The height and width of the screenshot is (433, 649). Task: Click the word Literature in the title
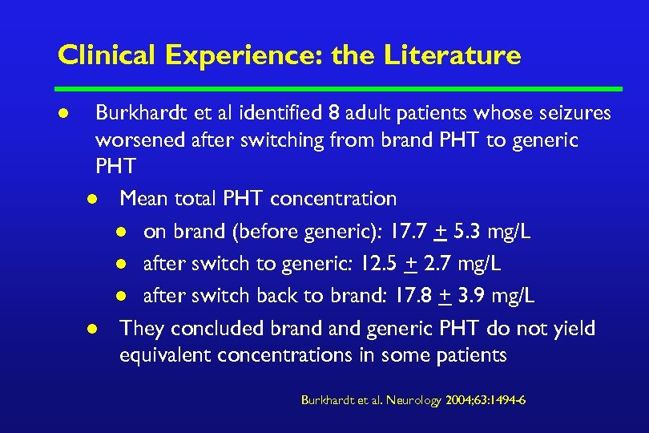click(453, 55)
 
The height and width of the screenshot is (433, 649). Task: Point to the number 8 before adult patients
click(338, 114)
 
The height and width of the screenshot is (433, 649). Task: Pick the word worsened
click(141, 140)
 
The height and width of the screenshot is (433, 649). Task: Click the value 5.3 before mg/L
click(469, 232)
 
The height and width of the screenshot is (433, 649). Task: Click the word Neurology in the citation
click(413, 400)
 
